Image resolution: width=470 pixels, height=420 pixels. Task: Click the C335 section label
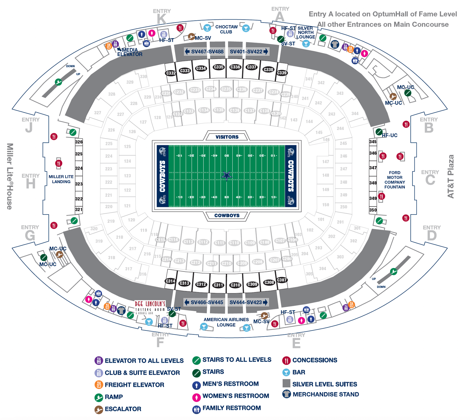pyautogui.click(x=219, y=67)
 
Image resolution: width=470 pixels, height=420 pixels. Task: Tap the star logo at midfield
pyautogui.click(x=226, y=176)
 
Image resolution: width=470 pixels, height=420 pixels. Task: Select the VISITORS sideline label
pyautogui.click(x=227, y=137)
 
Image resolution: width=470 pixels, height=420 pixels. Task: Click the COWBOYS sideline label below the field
pyautogui.click(x=227, y=215)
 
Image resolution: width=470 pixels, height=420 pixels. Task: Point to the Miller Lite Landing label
pyautogui.click(x=61, y=179)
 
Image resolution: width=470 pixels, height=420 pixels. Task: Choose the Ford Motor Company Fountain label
pyautogui.click(x=395, y=180)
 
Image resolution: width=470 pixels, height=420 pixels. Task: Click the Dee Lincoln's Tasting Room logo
pyautogui.click(x=150, y=307)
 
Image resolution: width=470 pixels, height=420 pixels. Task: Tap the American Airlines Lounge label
pyautogui.click(x=226, y=322)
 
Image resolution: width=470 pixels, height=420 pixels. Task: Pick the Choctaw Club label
pyautogui.click(x=226, y=29)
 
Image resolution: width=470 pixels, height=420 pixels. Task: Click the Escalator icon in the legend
pyautogui.click(x=99, y=409)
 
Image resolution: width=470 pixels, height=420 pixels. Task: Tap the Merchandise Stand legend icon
pyautogui.click(x=286, y=394)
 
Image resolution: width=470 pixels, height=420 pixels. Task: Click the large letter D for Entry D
pyautogui.click(x=432, y=236)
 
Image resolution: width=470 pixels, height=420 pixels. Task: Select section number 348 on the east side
pyautogui.click(x=373, y=183)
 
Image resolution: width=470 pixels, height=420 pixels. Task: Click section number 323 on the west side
pyautogui.click(x=79, y=184)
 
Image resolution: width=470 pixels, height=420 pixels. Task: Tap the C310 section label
pyautogui.click(x=235, y=285)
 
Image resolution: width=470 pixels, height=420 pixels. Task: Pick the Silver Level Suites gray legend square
pyautogui.click(x=286, y=383)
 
